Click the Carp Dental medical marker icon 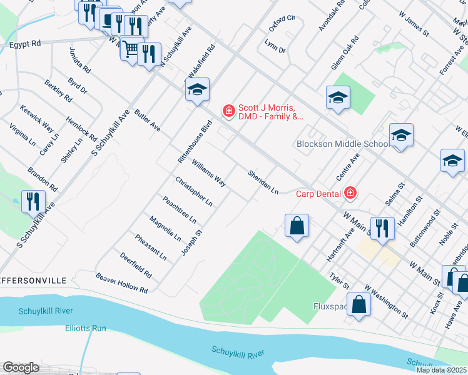tap(350, 192)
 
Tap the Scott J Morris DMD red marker tap(229, 111)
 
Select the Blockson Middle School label tap(342, 144)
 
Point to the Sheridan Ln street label tap(262, 181)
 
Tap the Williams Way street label tap(209, 172)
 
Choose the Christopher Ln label tap(194, 191)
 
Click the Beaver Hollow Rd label tap(121, 283)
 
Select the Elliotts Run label tap(86, 327)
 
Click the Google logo tap(21, 367)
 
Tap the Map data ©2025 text tap(442, 370)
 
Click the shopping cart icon tap(131, 49)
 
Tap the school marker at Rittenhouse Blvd tap(197, 90)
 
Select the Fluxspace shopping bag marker tap(360, 304)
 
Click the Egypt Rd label tap(25, 44)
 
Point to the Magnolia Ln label tap(165, 229)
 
